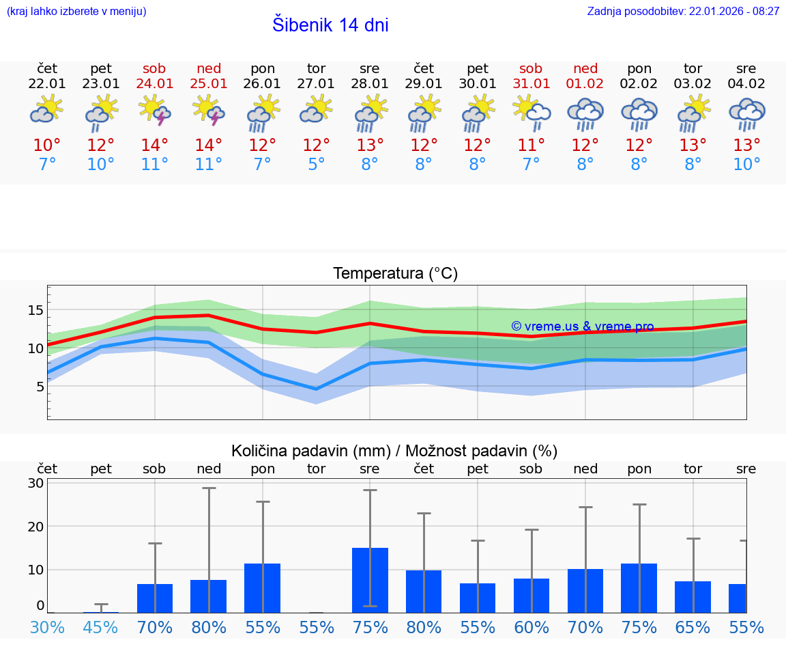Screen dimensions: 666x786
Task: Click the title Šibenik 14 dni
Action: pyautogui.click(x=330, y=25)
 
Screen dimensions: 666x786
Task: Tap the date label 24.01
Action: pyautogui.click(x=155, y=84)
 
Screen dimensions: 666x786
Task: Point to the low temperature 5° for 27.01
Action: pyautogui.click(x=316, y=165)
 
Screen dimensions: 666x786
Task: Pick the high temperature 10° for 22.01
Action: pyautogui.click(x=47, y=145)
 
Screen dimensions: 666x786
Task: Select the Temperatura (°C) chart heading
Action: pyautogui.click(x=395, y=274)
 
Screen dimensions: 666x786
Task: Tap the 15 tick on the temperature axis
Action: pyautogui.click(x=35, y=310)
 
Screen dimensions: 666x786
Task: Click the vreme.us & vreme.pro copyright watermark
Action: pyautogui.click(x=583, y=327)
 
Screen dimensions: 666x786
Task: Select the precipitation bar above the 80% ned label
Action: pyautogui.click(x=208, y=596)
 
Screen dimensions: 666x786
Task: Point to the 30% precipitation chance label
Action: pyautogui.click(x=47, y=628)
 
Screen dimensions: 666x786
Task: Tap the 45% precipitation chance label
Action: pyautogui.click(x=101, y=628)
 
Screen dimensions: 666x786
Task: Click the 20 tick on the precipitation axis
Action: pyautogui.click(x=35, y=527)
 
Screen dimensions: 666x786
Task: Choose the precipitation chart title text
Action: pyautogui.click(x=394, y=451)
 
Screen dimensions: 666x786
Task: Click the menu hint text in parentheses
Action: pyautogui.click(x=76, y=12)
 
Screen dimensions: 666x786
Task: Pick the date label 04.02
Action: pyautogui.click(x=746, y=84)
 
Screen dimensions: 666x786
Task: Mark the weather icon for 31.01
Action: pyautogui.click(x=531, y=111)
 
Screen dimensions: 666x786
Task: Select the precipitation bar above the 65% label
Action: pyautogui.click(x=693, y=597)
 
